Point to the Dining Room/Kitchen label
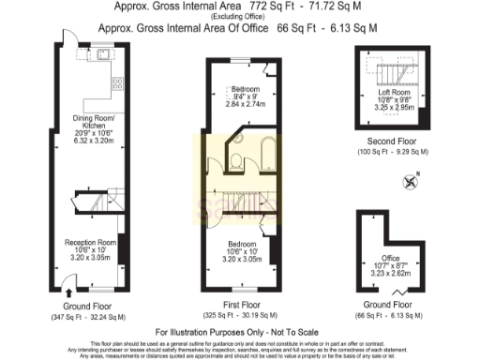tap(92, 123)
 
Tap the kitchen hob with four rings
tap(119, 84)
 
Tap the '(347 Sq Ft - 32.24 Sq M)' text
tap(88, 318)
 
